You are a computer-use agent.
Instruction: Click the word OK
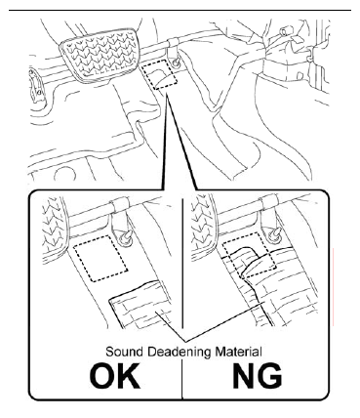pos(114,375)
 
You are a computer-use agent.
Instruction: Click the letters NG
pos(257,375)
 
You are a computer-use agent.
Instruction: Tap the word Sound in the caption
pos(124,352)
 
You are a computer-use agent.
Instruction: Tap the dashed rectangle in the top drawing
pos(159,74)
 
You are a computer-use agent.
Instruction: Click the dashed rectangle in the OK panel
pos(100,259)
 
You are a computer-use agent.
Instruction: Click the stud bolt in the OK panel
pos(125,238)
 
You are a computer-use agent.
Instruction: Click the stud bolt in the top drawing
pos(176,63)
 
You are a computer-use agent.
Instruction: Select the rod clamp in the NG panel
pos(268,201)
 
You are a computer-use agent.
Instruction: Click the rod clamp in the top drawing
pos(174,43)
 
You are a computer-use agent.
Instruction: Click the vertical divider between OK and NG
pos(182,298)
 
